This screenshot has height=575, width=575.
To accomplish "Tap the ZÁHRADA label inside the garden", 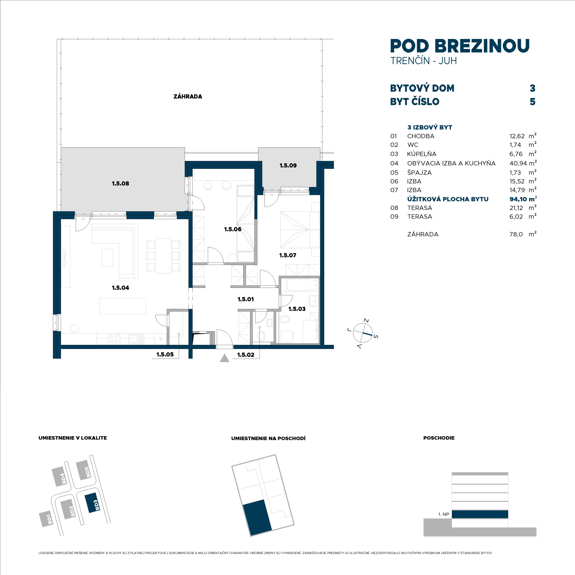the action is (x=188, y=96).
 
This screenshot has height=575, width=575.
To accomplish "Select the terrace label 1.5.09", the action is (x=288, y=166).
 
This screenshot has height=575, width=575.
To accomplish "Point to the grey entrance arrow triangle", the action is (x=225, y=358).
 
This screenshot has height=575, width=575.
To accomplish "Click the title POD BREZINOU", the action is (x=460, y=46).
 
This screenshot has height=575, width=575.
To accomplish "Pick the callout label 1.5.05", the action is (x=165, y=355).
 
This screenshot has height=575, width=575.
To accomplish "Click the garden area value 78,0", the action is (x=516, y=234).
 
